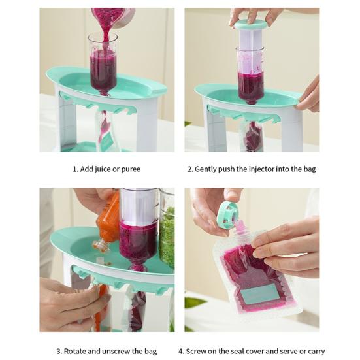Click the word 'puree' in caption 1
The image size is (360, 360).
point(131,169)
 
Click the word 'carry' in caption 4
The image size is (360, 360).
point(316,352)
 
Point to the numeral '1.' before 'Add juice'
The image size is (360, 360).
point(76,169)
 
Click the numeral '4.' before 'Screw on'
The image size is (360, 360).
point(182,352)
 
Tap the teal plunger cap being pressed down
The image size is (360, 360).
point(251,25)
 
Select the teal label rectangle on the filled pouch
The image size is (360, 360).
point(261,293)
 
